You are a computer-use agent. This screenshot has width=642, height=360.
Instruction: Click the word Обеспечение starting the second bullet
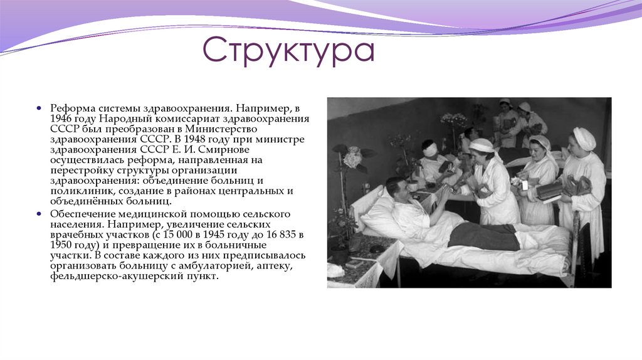click(82, 213)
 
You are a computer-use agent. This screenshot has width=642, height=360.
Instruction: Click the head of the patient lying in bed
click(396, 186)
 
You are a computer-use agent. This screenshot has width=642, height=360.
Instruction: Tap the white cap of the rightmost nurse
click(585, 137)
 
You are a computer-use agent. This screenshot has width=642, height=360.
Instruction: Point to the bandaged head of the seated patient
click(430, 149)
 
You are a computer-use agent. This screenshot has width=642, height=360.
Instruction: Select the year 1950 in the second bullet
click(62, 245)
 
